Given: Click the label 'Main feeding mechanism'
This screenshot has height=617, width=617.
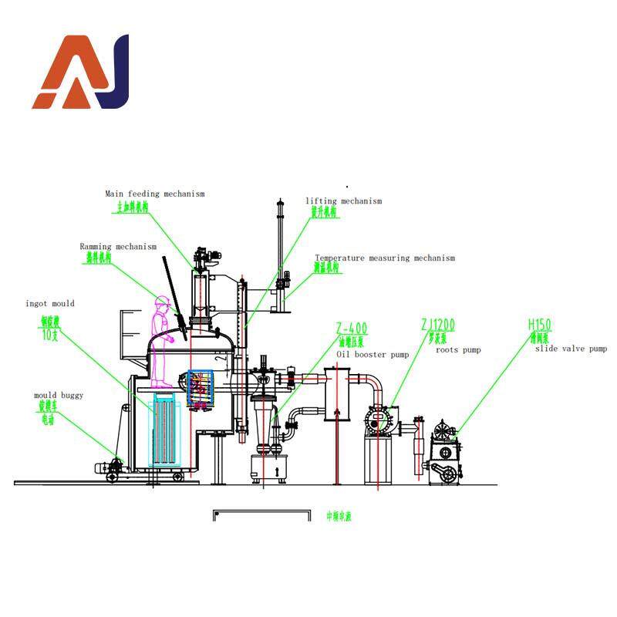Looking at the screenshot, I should point(155,194).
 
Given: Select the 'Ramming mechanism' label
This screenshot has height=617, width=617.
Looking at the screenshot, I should point(118,247).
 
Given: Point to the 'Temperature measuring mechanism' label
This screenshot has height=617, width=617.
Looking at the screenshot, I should point(384,258).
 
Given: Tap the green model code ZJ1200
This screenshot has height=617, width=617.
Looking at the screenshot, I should point(438,326).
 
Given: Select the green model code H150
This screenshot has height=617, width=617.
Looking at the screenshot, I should point(540,325).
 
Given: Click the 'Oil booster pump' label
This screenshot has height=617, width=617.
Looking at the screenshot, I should point(372,354).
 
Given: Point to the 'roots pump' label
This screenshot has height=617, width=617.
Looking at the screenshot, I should point(458,350).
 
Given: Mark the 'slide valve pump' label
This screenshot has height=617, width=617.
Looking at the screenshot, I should point(571,349).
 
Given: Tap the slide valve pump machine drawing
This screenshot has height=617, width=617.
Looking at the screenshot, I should point(445,455).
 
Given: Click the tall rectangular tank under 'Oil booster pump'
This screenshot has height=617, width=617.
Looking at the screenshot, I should point(337,393).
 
